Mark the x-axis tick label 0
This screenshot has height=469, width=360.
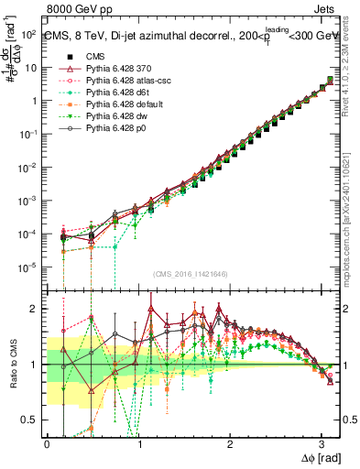pos(47,444)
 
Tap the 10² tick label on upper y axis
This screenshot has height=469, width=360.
pos(28,34)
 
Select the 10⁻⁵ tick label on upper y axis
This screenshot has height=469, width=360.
pos(28,267)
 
